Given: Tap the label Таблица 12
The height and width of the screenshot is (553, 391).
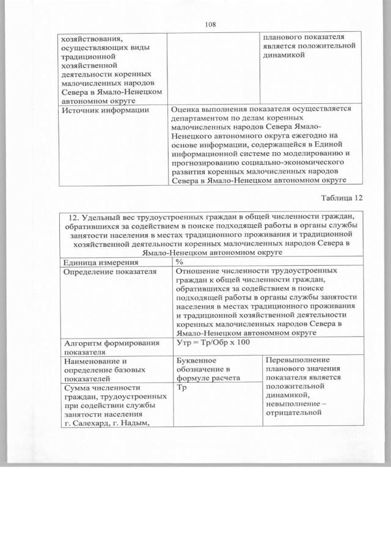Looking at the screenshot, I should pyautogui.click(x=342, y=197).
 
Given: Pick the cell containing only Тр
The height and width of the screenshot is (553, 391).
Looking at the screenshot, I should pyautogui.click(x=181, y=387).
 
